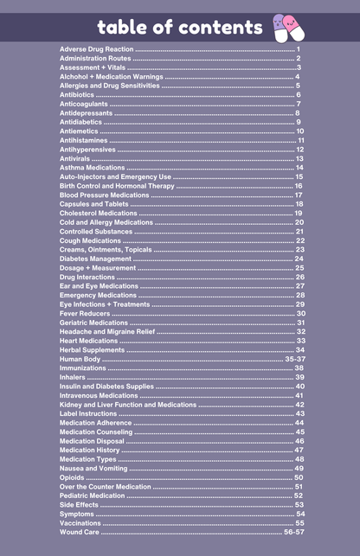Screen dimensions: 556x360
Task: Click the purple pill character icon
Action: pos(280,23)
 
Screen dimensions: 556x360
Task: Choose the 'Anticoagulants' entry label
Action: pos(85,104)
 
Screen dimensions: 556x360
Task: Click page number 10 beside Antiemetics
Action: pos(299,131)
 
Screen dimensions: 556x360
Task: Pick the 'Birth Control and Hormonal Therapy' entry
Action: pos(117,186)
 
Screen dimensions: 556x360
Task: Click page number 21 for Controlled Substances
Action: pos(299,232)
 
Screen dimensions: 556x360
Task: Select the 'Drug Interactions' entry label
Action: pos(87,277)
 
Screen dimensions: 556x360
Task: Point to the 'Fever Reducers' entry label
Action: pos(85,313)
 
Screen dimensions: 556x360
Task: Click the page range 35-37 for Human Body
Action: pos(294,359)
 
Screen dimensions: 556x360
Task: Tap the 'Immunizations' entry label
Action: pos(83,367)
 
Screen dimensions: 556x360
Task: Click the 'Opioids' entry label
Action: pos(73,477)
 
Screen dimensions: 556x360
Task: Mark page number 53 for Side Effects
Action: pos(299,505)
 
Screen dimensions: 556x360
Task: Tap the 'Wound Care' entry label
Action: pos(80,533)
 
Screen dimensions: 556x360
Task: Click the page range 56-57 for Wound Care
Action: pos(293,533)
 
